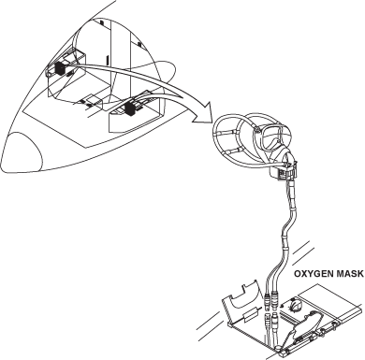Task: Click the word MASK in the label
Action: pyautogui.click(x=350, y=274)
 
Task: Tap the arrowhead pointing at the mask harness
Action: pyautogui.click(x=202, y=113)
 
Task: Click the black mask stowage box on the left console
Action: pyautogui.click(x=60, y=69)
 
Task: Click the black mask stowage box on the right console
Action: pyautogui.click(x=129, y=108)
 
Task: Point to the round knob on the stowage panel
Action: pyautogui.click(x=295, y=304)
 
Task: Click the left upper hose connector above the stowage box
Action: pyautogui.click(x=268, y=301)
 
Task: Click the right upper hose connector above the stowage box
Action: pyautogui.click(x=274, y=299)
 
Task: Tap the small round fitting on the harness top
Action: pyautogui.click(x=257, y=129)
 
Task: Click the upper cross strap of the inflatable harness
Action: pyautogui.click(x=226, y=132)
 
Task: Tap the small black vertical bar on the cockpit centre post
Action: pyautogui.click(x=107, y=59)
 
